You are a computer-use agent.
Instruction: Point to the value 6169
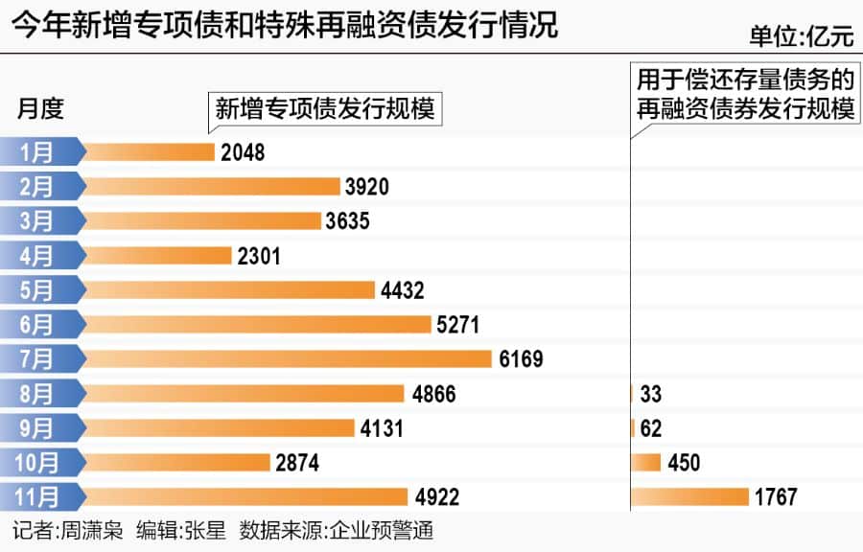[x=521, y=359]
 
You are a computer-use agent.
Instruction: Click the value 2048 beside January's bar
[x=242, y=152]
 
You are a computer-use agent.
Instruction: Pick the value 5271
[x=457, y=325]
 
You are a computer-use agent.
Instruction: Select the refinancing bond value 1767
[x=776, y=497]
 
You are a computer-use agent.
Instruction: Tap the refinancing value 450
[x=684, y=463]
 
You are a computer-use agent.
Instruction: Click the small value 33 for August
[x=651, y=394]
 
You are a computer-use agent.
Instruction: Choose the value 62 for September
[x=651, y=428]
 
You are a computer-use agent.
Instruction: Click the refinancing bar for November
[x=690, y=496]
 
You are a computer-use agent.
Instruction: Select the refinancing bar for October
[x=646, y=462]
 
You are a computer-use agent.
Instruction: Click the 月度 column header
[x=40, y=108]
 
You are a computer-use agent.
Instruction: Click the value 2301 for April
[x=259, y=256]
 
